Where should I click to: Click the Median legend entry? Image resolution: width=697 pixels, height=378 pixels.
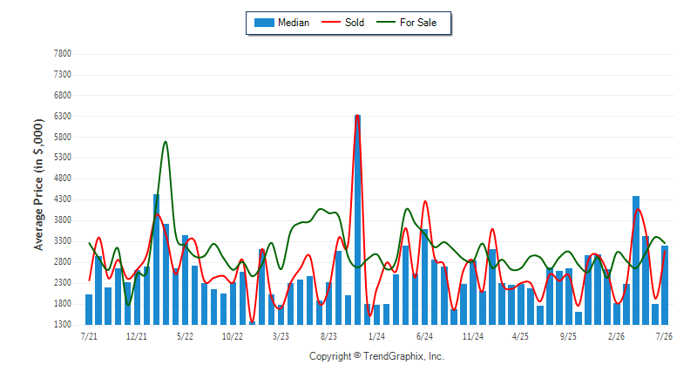281,23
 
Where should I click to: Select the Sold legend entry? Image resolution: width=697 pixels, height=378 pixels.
342,23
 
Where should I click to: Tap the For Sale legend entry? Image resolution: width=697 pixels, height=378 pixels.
406,23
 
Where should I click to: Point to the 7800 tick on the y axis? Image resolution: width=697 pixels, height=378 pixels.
62,54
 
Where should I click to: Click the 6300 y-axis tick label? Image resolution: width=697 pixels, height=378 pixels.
62,117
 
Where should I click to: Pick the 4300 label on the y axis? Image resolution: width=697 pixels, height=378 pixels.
62,199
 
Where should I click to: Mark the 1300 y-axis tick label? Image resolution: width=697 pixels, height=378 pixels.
62,325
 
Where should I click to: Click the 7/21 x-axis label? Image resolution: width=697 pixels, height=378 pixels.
89,336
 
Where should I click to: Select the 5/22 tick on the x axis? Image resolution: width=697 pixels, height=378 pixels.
185,336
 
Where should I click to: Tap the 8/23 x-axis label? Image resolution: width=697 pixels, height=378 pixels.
328,336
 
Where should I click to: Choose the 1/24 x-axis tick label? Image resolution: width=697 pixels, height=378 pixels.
376,336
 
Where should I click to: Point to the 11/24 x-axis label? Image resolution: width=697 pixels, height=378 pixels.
472,336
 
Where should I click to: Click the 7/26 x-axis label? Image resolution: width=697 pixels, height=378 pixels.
664,336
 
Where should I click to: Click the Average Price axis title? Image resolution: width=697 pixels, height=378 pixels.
38,185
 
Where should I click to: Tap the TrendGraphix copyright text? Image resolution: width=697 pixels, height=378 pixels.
376,356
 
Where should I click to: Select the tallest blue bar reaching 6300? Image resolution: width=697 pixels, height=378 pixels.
358,219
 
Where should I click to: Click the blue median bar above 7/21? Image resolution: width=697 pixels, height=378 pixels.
89,309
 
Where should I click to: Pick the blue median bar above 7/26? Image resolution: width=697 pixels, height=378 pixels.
665,285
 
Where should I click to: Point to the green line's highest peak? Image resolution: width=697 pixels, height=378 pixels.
166,142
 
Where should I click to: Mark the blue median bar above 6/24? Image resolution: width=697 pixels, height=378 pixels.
425,277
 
